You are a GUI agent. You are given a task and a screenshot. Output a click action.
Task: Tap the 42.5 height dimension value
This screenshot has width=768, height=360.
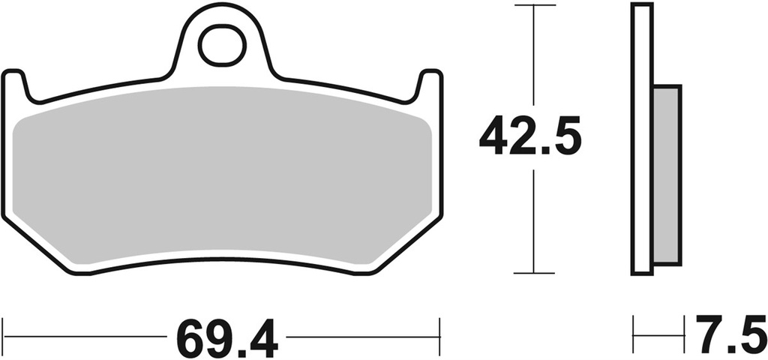click(x=530, y=136)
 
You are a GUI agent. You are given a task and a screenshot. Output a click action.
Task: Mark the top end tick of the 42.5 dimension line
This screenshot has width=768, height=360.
click(x=533, y=6)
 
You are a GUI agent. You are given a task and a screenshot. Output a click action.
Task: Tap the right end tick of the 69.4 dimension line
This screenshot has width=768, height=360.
click(x=439, y=329)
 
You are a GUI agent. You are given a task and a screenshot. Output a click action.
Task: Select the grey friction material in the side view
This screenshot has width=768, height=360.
click(x=667, y=174)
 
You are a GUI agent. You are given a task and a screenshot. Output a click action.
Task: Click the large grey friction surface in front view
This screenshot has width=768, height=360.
click(x=222, y=176)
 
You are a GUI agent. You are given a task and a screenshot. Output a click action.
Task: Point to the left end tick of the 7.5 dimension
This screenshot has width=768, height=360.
click(x=634, y=329)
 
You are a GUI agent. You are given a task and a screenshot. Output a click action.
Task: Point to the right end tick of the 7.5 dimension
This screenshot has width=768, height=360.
click(x=684, y=329)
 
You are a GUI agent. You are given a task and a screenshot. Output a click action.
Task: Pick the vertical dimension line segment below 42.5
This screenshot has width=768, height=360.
click(x=533, y=220)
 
